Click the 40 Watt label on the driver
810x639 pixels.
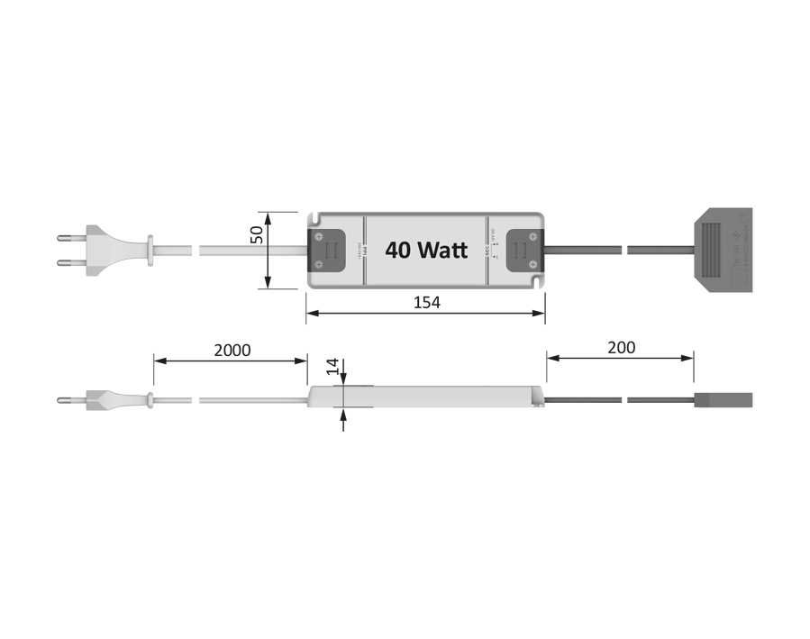click(x=426, y=250)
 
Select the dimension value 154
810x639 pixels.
click(x=426, y=303)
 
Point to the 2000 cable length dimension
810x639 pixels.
click(x=232, y=350)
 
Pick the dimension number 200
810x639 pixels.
click(x=621, y=347)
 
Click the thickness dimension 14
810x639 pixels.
click(x=332, y=366)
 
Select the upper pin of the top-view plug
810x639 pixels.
click(x=68, y=239)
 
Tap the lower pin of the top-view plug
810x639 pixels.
click(x=68, y=263)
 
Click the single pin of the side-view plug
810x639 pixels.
click(x=68, y=399)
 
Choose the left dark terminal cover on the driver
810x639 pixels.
click(x=328, y=250)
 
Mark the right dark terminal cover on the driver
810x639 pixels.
click(x=524, y=250)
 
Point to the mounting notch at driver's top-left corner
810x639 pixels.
click(x=314, y=217)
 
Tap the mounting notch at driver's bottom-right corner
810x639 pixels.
click(x=538, y=283)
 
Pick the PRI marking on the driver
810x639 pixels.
click(x=360, y=248)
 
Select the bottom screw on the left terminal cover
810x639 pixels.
click(x=319, y=265)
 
